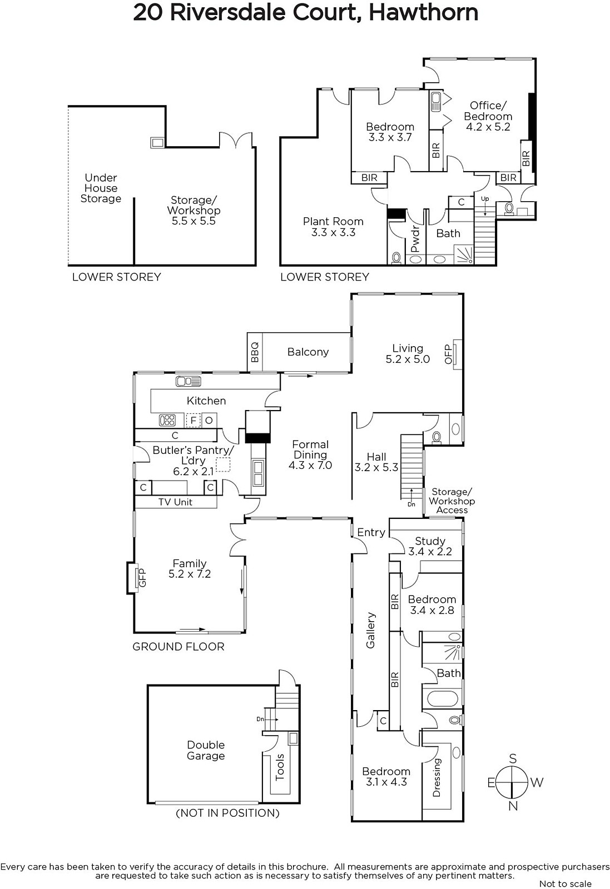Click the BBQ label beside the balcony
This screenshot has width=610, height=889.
(255, 352)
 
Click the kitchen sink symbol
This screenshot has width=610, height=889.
(189, 381)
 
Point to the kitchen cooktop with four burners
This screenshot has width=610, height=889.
(167, 420)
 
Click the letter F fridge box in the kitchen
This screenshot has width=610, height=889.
(194, 420)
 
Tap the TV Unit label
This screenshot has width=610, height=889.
(175, 502)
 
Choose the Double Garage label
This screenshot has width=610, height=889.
(206, 750)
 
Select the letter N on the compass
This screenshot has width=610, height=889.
(513, 806)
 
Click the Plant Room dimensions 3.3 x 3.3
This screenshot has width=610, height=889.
(333, 232)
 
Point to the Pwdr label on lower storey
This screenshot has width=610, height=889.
(415, 239)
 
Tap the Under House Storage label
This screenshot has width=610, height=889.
(101, 188)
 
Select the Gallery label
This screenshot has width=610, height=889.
(370, 630)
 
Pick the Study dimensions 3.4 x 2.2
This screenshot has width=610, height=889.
(430, 551)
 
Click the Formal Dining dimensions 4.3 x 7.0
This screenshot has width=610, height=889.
(310, 465)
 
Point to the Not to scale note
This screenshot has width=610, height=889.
(566, 884)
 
